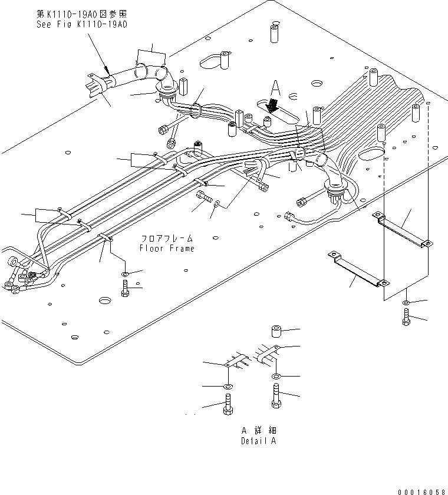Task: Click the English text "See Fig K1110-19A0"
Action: (x=82, y=24)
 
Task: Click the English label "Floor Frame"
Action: (x=166, y=248)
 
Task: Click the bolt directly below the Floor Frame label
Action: (x=125, y=289)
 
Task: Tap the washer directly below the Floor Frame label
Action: (x=125, y=273)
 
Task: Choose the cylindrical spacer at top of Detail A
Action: (x=276, y=331)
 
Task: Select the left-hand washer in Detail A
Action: (x=228, y=386)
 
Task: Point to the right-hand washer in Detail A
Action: (x=276, y=375)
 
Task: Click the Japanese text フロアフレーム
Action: (x=166, y=239)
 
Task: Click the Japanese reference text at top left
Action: (x=82, y=14)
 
